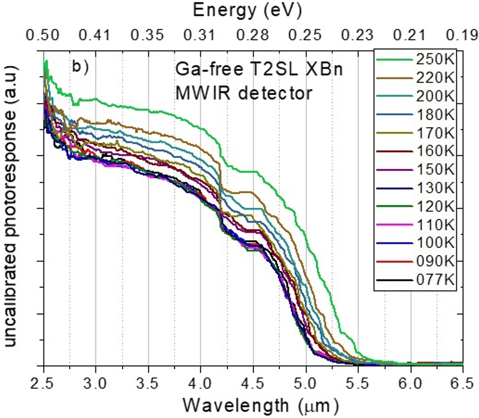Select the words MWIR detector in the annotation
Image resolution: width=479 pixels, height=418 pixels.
243,94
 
